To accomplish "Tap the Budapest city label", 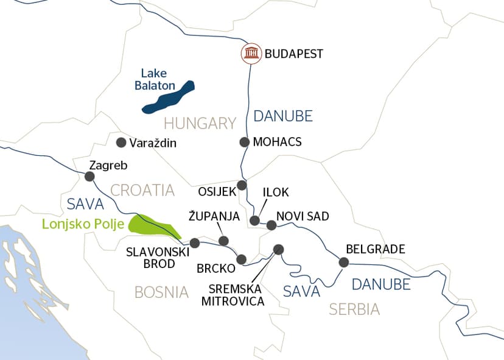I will [x=293, y=54].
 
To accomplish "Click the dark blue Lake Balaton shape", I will [x=167, y=97].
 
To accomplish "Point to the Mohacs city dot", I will [x=244, y=142].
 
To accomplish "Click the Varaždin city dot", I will [x=121, y=143].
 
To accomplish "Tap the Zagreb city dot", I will [x=89, y=177].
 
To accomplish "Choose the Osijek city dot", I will [x=242, y=185].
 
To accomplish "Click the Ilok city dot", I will [x=255, y=221].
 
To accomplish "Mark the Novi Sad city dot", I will [x=271, y=225].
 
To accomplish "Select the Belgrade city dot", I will [x=344, y=263].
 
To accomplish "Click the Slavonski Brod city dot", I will [x=195, y=243].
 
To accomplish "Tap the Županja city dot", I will [x=223, y=241].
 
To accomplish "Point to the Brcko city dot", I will [x=241, y=258].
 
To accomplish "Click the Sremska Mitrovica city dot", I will [x=279, y=249].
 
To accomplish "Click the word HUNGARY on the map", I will [x=200, y=123].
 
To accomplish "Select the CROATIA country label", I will [x=142, y=190].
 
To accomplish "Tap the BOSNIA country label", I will [x=161, y=292].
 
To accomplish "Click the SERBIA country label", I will [x=354, y=309].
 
